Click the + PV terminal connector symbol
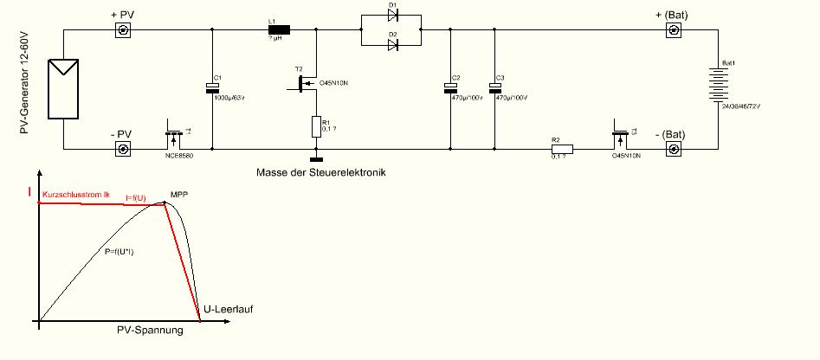click(124, 30)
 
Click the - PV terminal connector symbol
click(124, 150)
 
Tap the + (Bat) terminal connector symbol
click(671, 30)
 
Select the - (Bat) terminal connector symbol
click(671, 150)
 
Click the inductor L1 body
click(279, 30)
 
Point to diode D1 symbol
click(393, 16)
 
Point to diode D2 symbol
click(393, 44)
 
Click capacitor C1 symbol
click(211, 87)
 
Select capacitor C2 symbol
click(450, 87)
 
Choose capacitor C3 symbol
click(494, 87)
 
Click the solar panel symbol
click(64, 87)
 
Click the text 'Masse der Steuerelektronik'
click(321, 172)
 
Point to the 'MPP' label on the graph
click(179, 195)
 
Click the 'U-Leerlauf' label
click(228, 308)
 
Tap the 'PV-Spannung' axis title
click(150, 331)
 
